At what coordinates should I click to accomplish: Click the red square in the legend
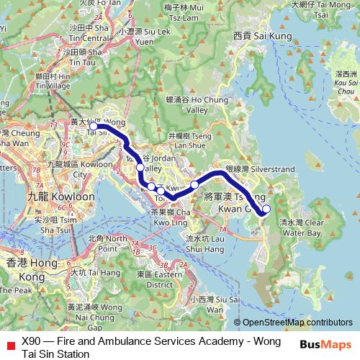tap(10, 343)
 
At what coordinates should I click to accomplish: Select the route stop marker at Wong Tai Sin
tap(93, 126)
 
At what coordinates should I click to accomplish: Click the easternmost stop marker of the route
tap(266, 209)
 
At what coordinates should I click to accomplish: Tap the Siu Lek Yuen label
tap(148, 36)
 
